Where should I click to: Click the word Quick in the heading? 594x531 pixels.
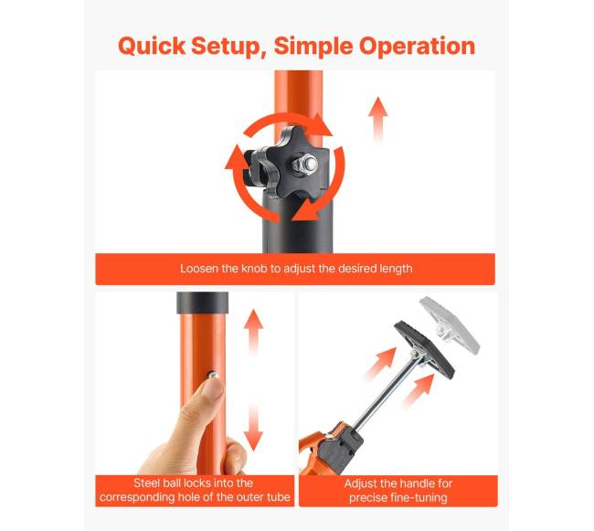[152, 47]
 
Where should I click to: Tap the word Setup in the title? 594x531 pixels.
[228, 47]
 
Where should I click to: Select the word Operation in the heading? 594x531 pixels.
[417, 47]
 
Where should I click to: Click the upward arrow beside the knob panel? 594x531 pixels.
[378, 121]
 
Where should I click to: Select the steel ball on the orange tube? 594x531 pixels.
[213, 376]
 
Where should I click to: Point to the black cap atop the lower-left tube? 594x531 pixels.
[203, 303]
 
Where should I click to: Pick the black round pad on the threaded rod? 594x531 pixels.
[424, 351]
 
